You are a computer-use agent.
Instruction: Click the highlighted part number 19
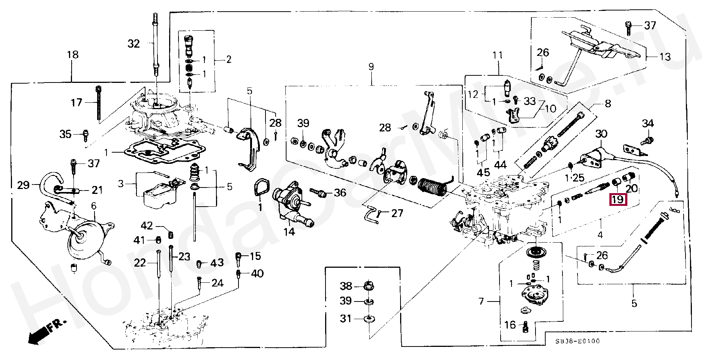(x=617, y=199)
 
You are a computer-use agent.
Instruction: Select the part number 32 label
(x=133, y=44)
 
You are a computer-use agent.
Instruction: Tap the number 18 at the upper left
(x=73, y=55)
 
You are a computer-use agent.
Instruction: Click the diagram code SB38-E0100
(x=577, y=341)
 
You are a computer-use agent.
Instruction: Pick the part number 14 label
(x=289, y=232)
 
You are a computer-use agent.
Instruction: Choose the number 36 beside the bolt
(x=340, y=193)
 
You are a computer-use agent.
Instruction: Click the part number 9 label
(x=371, y=67)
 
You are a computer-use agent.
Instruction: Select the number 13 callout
(x=665, y=57)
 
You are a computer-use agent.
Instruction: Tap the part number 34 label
(x=648, y=123)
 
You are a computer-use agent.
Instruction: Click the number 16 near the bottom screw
(x=510, y=325)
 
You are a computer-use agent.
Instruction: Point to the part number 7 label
(x=481, y=301)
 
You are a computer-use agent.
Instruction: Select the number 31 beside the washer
(x=346, y=318)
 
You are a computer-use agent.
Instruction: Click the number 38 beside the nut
(x=346, y=286)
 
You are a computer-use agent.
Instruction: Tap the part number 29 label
(x=23, y=185)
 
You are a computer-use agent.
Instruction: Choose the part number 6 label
(x=94, y=205)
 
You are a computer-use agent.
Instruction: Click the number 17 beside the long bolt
(x=76, y=102)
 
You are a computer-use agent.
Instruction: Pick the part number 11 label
(x=498, y=55)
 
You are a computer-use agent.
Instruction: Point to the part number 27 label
(x=397, y=213)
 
